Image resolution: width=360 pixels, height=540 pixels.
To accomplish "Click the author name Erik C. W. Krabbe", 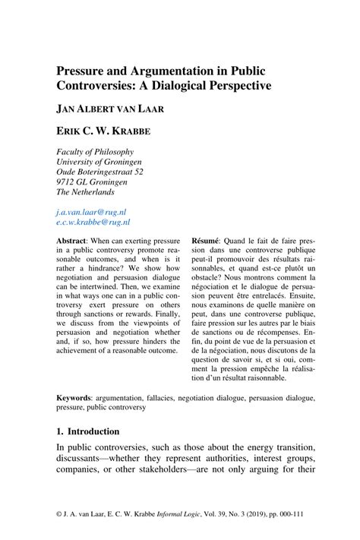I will click(103, 131).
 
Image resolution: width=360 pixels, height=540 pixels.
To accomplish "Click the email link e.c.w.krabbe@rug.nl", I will click(93, 223).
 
